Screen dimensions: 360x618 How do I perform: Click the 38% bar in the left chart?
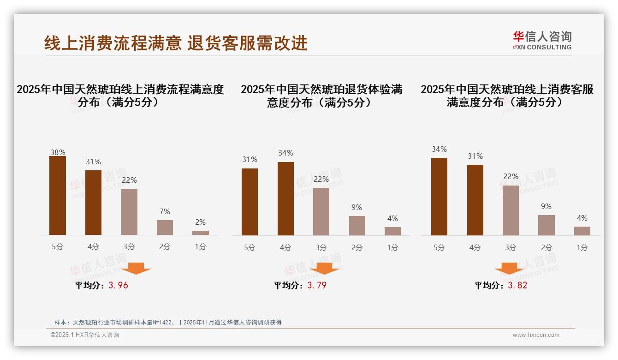tap(58, 196)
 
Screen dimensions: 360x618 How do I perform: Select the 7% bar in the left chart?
tap(165, 228)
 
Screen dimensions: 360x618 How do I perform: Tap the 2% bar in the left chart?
tap(201, 233)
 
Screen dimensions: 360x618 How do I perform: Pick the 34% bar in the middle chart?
tap(285, 198)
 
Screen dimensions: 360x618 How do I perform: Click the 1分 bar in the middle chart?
tap(392, 231)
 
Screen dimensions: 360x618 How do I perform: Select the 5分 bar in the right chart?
tap(439, 197)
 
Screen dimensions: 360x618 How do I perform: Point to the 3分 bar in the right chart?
tap(511, 210)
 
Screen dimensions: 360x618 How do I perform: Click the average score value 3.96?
tap(118, 285)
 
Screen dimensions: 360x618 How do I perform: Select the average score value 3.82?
tap(517, 285)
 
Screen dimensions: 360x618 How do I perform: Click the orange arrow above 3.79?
tap(324, 268)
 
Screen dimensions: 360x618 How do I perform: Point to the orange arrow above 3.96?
tap(136, 268)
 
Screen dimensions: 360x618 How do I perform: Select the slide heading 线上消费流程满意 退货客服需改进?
tap(176, 43)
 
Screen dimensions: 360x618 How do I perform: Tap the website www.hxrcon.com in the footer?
tap(536, 335)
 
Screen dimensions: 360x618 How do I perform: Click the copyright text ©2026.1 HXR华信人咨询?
tap(85, 335)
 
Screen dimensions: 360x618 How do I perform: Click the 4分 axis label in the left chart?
tap(93, 247)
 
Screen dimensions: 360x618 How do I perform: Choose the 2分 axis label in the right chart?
tap(547, 247)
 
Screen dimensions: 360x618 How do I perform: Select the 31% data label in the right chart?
tap(475, 156)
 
